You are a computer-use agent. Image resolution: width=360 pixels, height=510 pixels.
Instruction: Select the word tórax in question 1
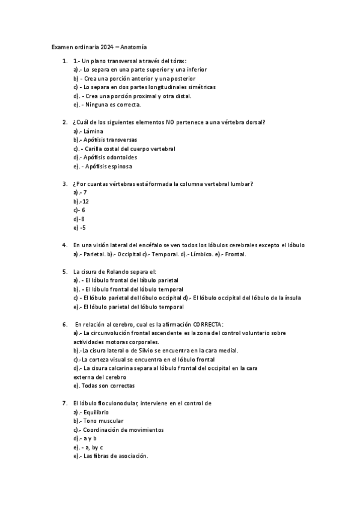175,61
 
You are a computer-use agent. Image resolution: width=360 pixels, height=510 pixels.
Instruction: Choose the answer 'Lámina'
94,131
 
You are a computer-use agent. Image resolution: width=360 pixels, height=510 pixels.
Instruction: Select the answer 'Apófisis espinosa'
109,166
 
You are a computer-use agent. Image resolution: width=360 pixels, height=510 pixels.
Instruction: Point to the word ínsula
291,298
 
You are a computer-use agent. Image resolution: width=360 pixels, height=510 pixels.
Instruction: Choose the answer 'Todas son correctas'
108,386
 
